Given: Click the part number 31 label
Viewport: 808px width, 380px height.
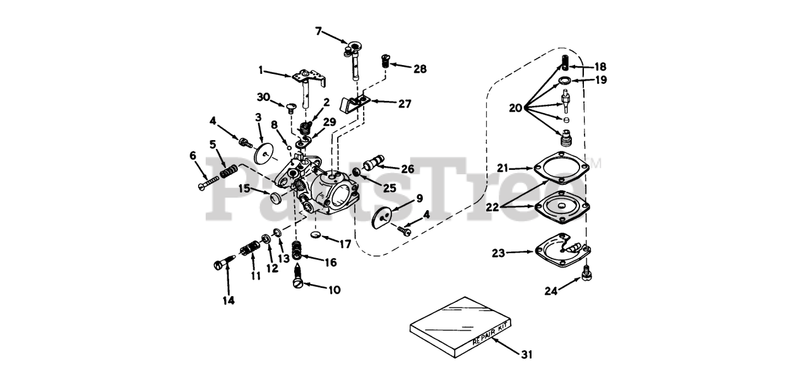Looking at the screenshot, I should [x=526, y=354].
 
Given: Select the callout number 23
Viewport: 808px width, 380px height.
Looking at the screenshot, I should [x=498, y=253].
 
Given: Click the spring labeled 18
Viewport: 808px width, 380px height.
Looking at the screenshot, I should [x=566, y=62].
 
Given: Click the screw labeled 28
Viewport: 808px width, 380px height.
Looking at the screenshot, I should [x=386, y=62].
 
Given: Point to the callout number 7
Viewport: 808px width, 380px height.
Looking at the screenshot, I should [x=319, y=30].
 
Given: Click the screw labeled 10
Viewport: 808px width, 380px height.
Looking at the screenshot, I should [x=298, y=278].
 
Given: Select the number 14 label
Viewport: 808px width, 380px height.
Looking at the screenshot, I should [x=229, y=300].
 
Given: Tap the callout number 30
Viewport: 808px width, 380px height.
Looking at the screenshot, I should [x=263, y=97].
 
